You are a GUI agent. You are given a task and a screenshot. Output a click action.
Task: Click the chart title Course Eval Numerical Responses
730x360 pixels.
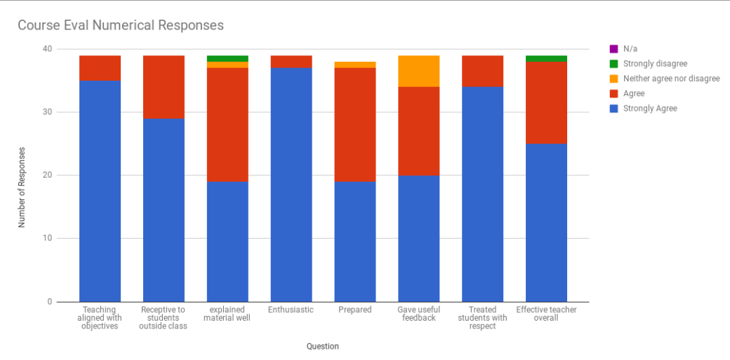coord(121,25)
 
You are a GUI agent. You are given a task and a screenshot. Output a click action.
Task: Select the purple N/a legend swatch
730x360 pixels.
coord(613,49)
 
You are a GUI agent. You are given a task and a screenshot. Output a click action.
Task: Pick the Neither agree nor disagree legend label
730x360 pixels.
coord(671,79)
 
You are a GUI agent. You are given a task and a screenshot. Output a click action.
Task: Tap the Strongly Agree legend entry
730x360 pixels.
coord(650,108)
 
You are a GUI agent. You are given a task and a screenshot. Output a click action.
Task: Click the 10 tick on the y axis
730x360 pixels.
coord(47,239)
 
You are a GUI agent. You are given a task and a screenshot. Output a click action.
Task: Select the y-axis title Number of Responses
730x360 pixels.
coord(22,187)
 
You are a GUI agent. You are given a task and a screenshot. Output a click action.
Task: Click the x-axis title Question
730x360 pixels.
coord(323,346)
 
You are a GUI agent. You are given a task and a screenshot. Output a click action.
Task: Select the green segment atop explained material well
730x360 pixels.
coord(227,58)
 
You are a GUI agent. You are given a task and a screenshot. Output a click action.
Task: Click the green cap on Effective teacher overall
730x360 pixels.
coord(546,58)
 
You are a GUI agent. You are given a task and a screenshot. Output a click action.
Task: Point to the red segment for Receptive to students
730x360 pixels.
coord(164,87)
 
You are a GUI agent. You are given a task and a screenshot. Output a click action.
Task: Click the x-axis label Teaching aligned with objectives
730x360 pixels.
coord(100,318)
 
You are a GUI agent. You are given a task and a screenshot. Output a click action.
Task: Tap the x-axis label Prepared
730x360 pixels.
coord(355,309)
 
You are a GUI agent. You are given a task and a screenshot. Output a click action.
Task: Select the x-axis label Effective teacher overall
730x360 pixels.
coord(546,314)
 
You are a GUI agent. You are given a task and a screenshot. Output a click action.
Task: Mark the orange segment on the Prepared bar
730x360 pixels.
coord(355,65)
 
